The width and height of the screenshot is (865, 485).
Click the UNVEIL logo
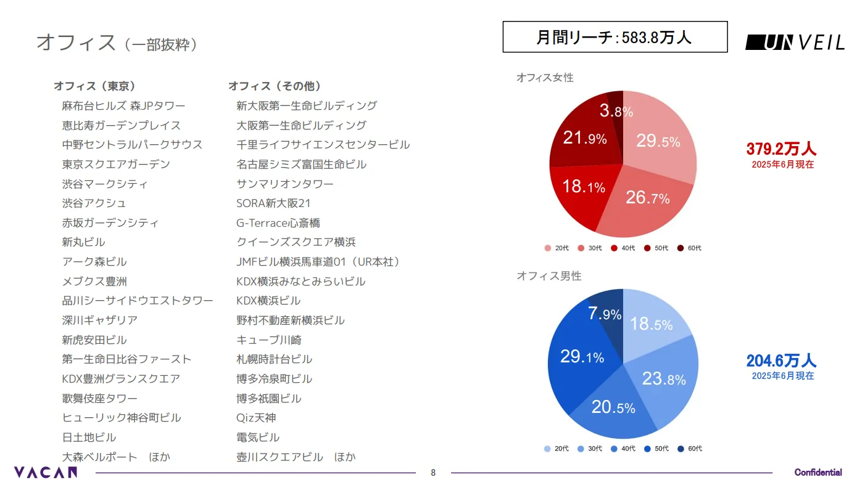(795, 42)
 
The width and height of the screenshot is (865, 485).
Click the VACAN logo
(46, 473)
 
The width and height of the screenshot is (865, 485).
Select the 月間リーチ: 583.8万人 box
(615, 37)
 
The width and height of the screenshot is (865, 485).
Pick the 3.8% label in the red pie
(616, 112)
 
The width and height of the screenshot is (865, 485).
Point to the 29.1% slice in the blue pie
(582, 357)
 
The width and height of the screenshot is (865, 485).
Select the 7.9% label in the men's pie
(604, 314)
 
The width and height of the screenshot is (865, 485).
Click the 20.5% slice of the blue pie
(613, 407)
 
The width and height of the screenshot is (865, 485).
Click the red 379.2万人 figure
(781, 149)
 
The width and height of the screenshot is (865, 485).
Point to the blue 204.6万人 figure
(781, 361)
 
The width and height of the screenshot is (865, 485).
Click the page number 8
(432, 473)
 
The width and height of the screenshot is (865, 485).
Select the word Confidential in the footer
(817, 473)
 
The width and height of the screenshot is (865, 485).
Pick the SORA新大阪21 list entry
(273, 203)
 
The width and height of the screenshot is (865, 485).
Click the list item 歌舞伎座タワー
(99, 398)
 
